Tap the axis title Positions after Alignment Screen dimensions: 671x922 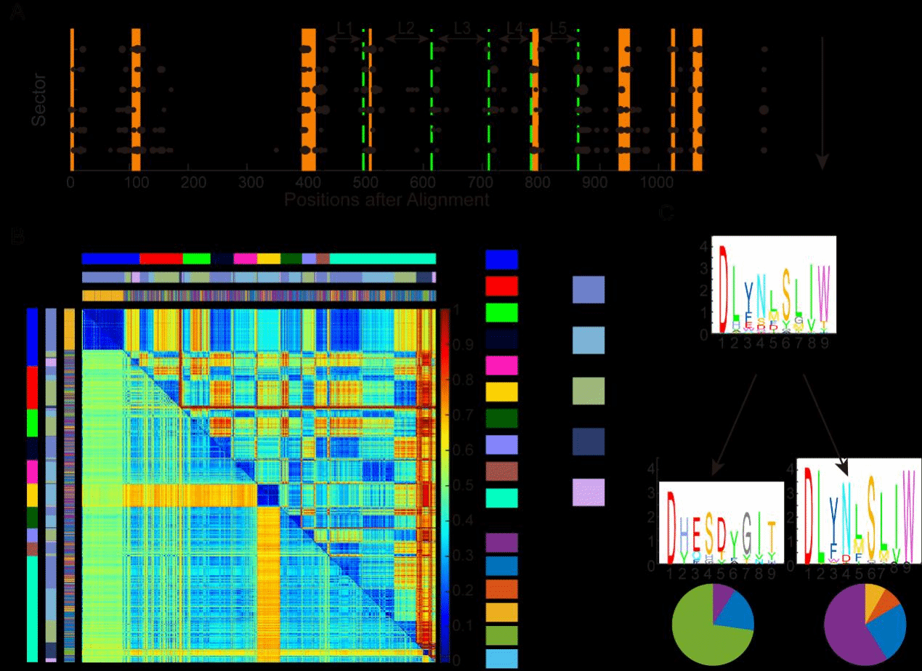[387, 200]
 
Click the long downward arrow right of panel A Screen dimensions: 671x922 [822, 102]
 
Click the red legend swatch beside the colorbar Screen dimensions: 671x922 [501, 285]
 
